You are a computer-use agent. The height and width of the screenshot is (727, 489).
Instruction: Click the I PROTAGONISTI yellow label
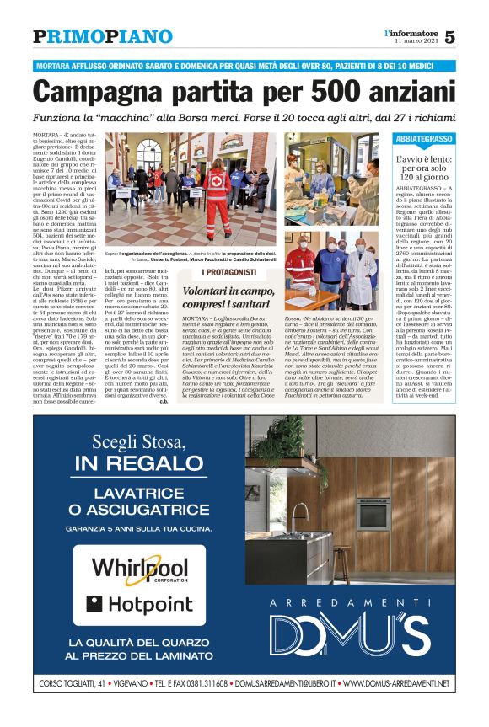[x=229, y=273]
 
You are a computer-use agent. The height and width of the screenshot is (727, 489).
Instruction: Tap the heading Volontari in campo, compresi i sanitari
[x=229, y=296]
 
